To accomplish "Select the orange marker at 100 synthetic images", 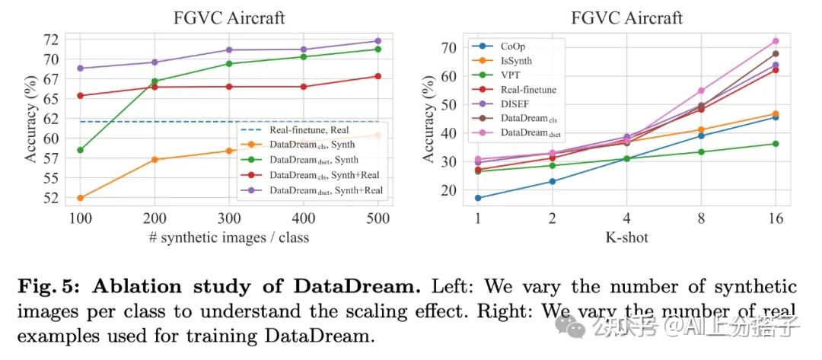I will (x=81, y=198).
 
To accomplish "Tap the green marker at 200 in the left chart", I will (x=155, y=81).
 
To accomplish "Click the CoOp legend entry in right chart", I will (x=518, y=46).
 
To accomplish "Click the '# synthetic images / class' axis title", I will (x=229, y=237).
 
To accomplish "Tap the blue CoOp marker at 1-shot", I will (x=477, y=198).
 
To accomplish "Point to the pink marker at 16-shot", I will (x=775, y=41).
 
